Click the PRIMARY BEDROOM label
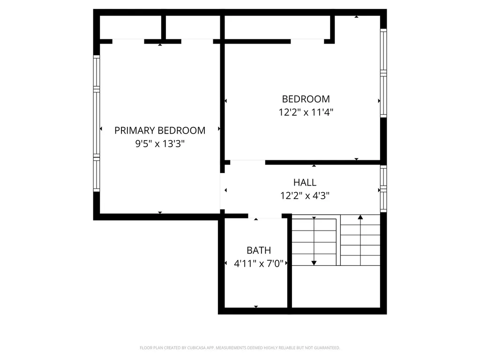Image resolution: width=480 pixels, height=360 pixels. (x=160, y=130)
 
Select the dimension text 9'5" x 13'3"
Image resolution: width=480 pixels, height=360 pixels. (x=160, y=144)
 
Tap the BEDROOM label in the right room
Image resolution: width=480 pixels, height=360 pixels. (x=306, y=99)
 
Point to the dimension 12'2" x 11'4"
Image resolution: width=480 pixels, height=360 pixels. (x=306, y=112)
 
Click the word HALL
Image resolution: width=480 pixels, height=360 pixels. (x=305, y=182)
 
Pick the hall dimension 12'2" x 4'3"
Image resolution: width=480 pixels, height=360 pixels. (x=305, y=196)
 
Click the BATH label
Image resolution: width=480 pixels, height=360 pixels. (x=259, y=250)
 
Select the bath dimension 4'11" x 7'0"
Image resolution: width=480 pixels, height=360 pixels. (x=259, y=264)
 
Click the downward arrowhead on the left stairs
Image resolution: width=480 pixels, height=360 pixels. (x=314, y=262)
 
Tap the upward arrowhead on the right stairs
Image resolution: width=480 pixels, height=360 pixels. (x=360, y=217)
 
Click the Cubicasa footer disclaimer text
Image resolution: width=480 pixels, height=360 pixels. (x=240, y=348)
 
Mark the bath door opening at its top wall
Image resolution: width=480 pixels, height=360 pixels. (x=265, y=216)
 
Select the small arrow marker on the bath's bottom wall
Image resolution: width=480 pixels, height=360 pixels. (x=256, y=307)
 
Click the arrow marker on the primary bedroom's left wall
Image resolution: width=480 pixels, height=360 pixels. (x=101, y=129)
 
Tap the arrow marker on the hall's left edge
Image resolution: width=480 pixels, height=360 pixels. (x=225, y=190)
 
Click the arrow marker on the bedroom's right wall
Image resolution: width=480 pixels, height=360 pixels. (x=379, y=100)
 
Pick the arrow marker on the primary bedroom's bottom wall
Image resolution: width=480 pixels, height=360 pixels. (x=160, y=213)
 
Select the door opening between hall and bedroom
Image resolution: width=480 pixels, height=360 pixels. (x=247, y=162)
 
